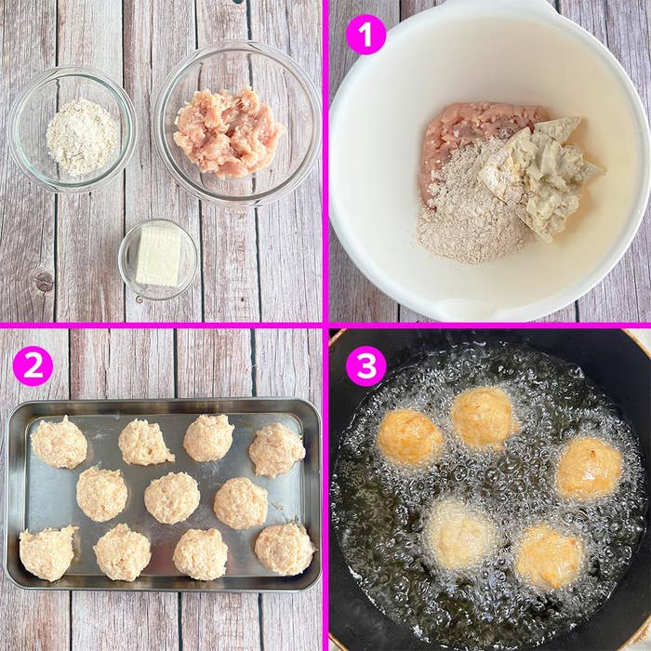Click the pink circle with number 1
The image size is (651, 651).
point(365,34)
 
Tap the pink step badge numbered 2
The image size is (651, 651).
point(33,365)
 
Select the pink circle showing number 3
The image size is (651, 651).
point(365,365)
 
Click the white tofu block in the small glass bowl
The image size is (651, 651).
point(158,256)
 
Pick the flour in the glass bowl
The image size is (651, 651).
point(82,136)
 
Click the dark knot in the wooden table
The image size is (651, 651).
point(43,281)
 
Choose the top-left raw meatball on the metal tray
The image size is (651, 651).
point(60,443)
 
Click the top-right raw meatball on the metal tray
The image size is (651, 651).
point(276,449)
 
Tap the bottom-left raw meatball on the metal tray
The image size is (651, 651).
point(47,553)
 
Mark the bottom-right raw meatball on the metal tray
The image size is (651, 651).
point(285,549)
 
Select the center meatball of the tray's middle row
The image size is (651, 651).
point(171,498)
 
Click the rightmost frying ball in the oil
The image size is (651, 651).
point(589,468)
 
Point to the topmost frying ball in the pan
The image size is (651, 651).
point(483,418)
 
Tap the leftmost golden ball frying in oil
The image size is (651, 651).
point(409,437)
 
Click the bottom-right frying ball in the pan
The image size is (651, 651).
point(550,556)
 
